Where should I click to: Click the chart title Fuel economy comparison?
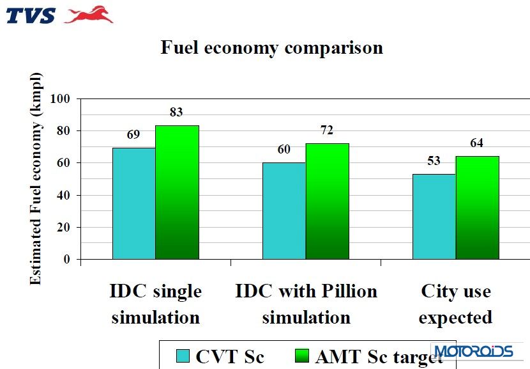click(271, 48)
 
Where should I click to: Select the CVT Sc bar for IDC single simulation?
click(133, 203)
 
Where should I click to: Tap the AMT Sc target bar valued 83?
click(177, 192)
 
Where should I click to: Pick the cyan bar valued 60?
click(284, 211)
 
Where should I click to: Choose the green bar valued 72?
click(327, 201)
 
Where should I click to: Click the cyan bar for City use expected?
click(434, 216)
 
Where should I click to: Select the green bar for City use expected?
click(477, 207)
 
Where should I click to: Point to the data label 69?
click(133, 134)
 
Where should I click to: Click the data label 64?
click(476, 143)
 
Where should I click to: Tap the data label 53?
click(434, 161)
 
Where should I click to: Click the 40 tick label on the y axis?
click(64, 195)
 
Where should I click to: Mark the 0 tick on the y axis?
click(66, 259)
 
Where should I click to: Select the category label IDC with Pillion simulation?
click(306, 304)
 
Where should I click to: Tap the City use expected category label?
click(455, 304)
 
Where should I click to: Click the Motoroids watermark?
click(473, 351)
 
